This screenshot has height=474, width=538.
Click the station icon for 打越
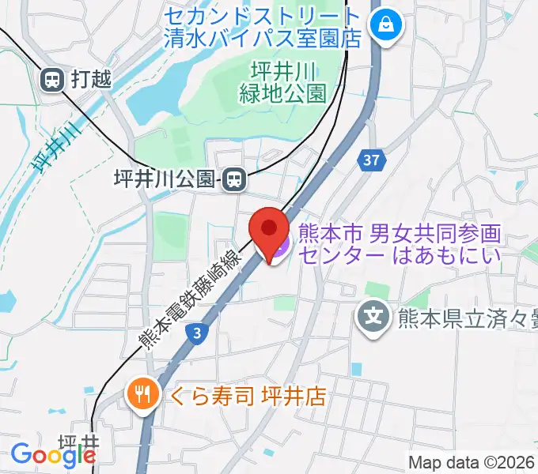53,78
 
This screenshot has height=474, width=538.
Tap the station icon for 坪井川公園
233,180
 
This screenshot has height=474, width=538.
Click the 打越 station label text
91,79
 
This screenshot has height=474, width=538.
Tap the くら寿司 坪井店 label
243,392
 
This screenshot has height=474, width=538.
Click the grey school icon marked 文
373,318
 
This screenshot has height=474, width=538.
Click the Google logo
53,455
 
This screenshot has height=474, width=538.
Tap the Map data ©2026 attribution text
472,462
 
